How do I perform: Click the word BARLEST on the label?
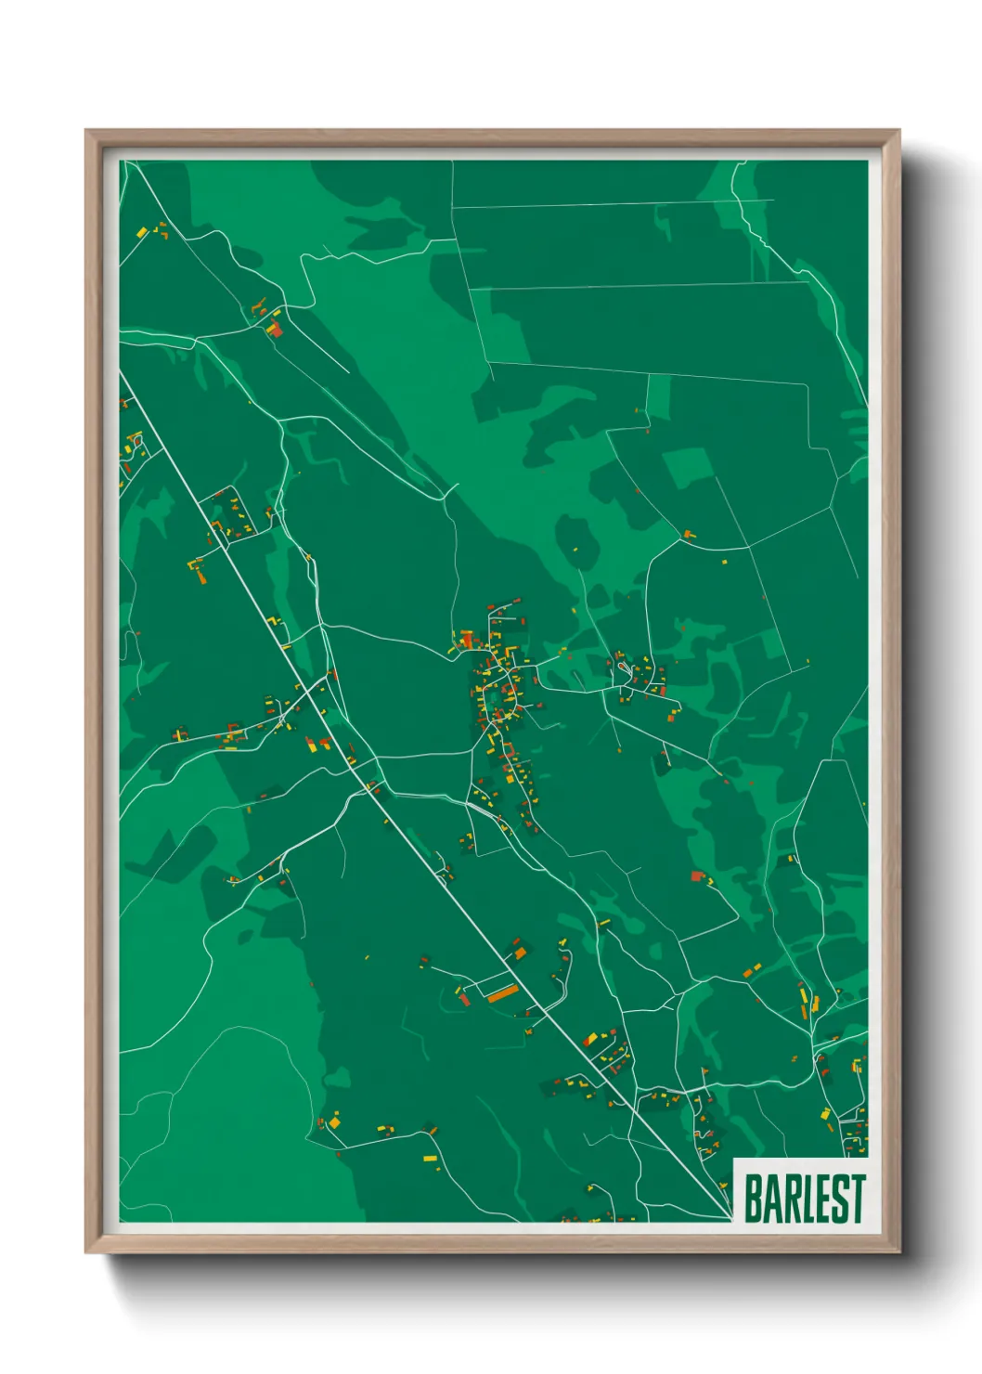click(x=804, y=1199)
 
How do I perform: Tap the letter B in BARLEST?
click(x=753, y=1199)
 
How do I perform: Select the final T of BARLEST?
click(x=858, y=1199)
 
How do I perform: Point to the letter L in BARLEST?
click(x=806, y=1199)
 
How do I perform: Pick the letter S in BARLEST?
click(x=840, y=1199)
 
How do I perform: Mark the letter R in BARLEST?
click(x=788, y=1199)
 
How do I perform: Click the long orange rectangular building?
click(x=502, y=993)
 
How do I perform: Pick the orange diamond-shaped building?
click(x=520, y=952)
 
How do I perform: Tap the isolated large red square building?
click(x=696, y=875)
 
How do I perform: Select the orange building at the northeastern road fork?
click(x=688, y=534)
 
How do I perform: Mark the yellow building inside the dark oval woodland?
click(x=575, y=550)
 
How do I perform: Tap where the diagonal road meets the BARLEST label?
click(x=731, y=1215)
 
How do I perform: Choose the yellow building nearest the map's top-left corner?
click(x=142, y=232)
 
